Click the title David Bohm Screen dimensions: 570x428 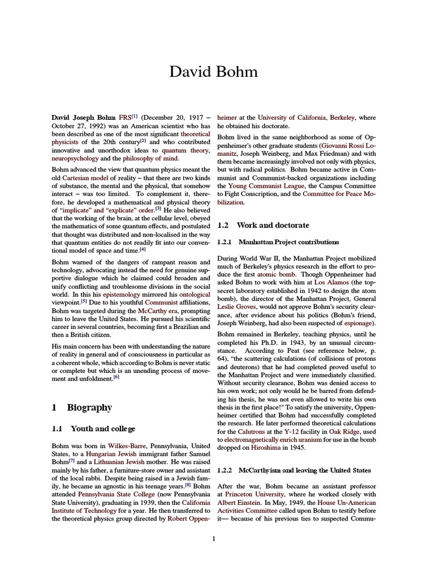(214, 72)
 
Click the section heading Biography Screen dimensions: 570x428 (89, 407)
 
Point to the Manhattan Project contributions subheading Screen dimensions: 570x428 (288, 242)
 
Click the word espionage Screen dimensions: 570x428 (356, 323)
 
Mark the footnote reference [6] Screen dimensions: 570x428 (116, 377)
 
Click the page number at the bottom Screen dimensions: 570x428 (214, 538)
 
